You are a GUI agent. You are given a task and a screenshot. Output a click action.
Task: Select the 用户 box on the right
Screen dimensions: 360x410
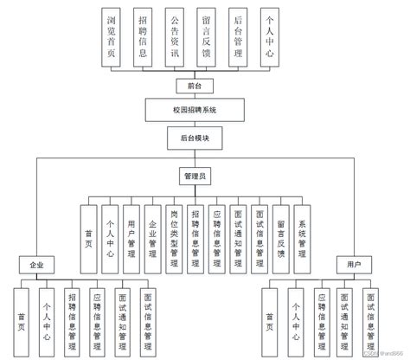pos(354,263)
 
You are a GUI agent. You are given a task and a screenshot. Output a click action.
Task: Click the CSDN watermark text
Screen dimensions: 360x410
pos(381,353)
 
